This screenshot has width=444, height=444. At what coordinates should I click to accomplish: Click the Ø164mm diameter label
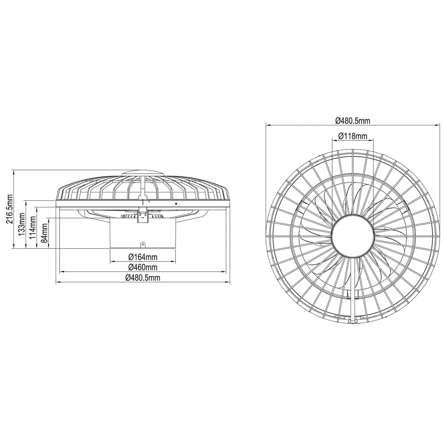(x=142, y=257)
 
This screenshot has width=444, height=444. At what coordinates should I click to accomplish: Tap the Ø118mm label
(x=352, y=136)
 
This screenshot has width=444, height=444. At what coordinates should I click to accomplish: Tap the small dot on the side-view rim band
(x=177, y=203)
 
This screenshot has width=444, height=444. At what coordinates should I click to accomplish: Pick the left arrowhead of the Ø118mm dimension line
(x=333, y=140)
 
